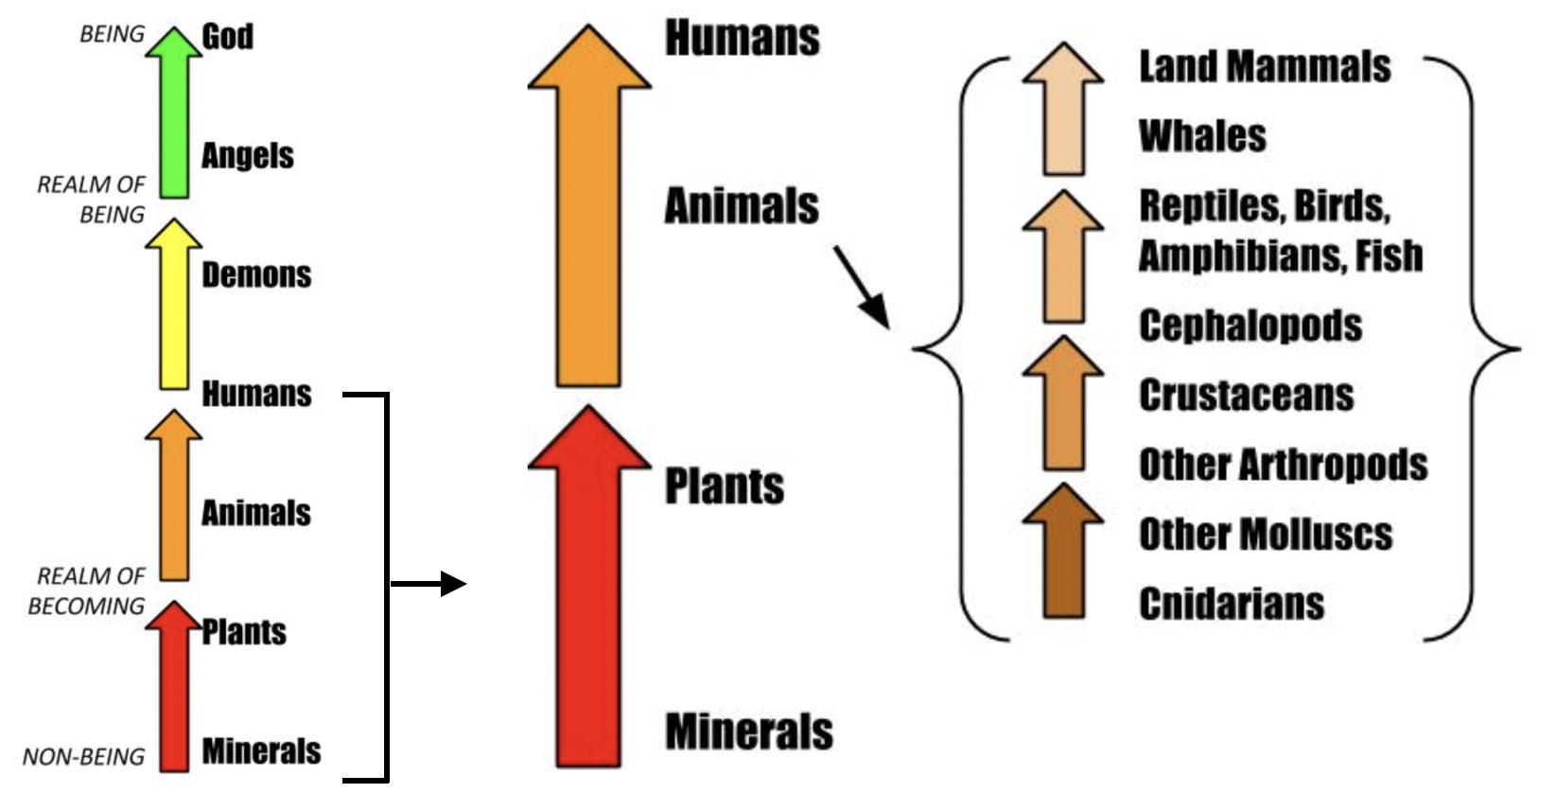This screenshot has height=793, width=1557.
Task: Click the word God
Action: [227, 37]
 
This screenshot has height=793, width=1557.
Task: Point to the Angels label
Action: [248, 155]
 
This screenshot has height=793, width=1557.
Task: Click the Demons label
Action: [256, 274]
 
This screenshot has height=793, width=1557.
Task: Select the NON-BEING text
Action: [83, 757]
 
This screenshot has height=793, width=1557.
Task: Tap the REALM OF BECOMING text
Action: [87, 590]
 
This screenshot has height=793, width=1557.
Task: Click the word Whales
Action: [1202, 136]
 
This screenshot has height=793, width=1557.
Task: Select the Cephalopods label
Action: [1250, 326]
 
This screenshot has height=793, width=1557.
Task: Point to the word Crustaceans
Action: [1246, 396]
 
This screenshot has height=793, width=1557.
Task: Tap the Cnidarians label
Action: [1231, 604]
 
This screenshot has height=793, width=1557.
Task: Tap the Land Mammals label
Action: [1265, 67]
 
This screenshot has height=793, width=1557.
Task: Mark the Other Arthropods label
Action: [1283, 465]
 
